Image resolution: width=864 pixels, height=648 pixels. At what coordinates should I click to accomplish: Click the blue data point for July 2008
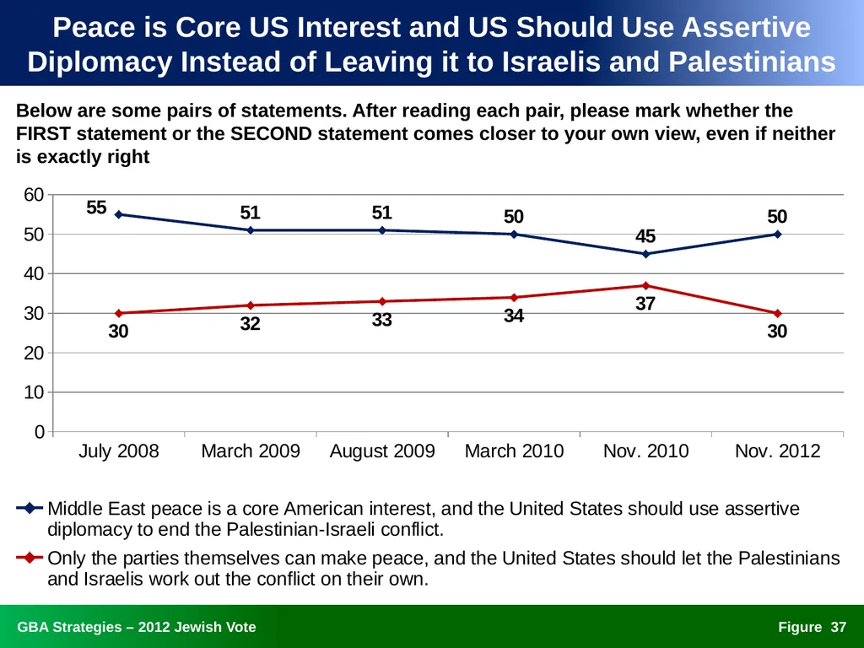[118, 214]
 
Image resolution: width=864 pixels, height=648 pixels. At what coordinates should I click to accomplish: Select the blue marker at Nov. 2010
[645, 254]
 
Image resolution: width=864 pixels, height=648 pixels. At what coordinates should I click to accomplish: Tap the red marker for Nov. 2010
[645, 285]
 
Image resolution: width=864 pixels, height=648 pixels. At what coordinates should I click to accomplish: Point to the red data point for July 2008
[118, 313]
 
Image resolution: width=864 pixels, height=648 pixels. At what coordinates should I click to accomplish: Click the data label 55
[96, 208]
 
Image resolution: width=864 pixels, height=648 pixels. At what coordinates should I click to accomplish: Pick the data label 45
[645, 236]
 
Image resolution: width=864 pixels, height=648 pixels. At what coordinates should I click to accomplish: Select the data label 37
[645, 304]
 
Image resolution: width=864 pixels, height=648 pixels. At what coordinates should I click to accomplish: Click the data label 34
[514, 316]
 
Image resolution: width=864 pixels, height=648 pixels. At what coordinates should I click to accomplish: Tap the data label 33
[382, 320]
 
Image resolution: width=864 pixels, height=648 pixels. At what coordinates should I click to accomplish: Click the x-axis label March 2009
[251, 451]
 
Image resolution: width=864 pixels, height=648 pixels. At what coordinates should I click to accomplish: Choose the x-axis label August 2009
[382, 451]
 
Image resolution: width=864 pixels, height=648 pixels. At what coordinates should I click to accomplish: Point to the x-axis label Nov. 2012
[777, 451]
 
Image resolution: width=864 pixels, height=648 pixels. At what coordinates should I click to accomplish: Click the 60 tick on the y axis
[34, 195]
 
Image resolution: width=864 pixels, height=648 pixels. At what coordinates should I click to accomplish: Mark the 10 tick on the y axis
[34, 392]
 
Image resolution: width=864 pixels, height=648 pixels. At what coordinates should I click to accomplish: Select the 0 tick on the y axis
[39, 431]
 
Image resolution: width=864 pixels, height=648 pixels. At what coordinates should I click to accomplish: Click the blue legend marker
[30, 508]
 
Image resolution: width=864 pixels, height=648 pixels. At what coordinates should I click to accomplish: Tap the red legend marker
[30, 558]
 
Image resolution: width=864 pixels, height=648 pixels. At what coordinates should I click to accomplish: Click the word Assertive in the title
[746, 27]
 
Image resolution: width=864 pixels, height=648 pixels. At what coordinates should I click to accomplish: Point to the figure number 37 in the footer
[839, 627]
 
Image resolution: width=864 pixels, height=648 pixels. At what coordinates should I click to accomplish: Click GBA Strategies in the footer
[69, 627]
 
